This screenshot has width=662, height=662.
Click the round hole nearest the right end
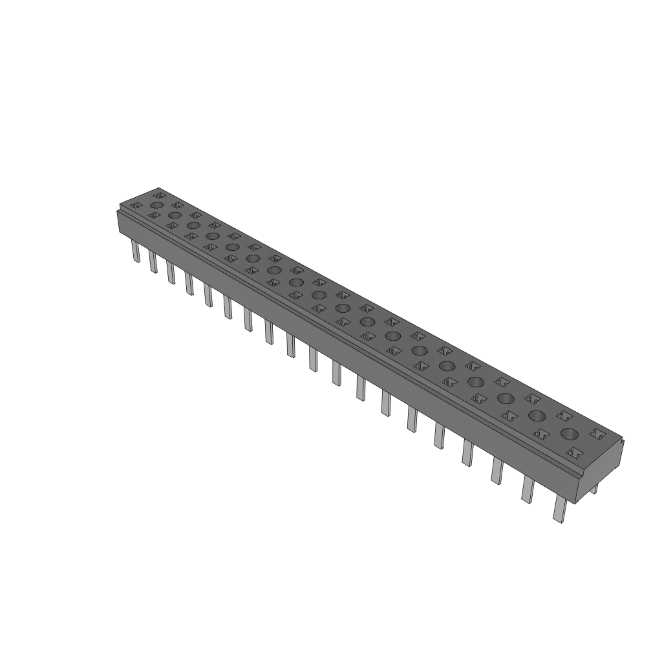tap(570, 433)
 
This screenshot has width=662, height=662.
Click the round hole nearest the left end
tap(156, 205)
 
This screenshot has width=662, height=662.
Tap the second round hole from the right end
tap(536, 415)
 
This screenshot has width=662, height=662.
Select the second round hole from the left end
tap(174, 215)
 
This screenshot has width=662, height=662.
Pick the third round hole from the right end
tap(506, 398)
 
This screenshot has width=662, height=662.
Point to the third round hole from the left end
tap(192, 225)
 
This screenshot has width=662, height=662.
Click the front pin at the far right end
tap(559, 509)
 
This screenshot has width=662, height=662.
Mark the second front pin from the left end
tap(153, 261)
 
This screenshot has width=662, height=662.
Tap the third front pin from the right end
tap(496, 471)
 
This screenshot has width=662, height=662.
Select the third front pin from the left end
tap(171, 272)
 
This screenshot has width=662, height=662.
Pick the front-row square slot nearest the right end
tap(571, 452)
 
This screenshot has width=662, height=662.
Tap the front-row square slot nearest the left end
tap(136, 206)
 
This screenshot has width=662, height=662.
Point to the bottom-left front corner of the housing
tap(118, 233)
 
